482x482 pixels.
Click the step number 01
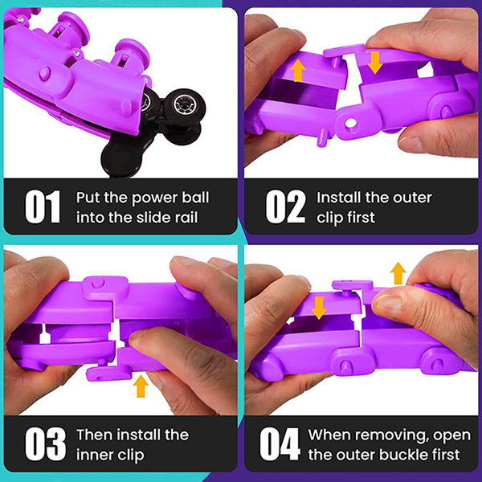tap(43, 207)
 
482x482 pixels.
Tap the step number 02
tap(286, 207)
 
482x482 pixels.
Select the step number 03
tap(46, 444)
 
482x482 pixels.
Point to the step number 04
tap(280, 444)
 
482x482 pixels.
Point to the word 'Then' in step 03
tap(95, 435)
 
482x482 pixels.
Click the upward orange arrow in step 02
tap(298, 71)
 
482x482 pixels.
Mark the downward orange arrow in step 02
tap(374, 63)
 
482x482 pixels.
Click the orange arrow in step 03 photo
tap(141, 386)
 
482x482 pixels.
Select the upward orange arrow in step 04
tap(398, 273)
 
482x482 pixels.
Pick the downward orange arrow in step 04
tap(319, 308)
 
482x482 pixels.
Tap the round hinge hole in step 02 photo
tap(350, 123)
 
